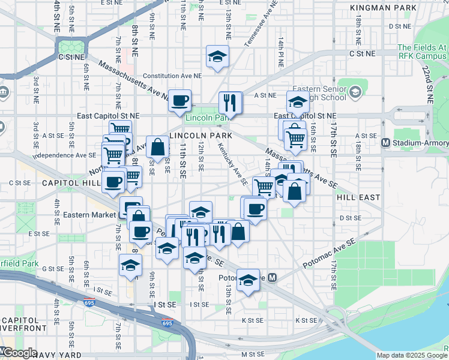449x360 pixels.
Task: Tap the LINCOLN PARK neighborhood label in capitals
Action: point(200,136)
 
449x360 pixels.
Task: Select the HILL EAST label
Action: point(358,197)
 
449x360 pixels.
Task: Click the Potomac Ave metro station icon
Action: point(273,278)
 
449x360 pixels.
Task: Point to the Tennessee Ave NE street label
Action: point(261,23)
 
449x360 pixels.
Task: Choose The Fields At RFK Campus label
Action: point(422,52)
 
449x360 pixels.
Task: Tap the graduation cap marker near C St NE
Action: point(217,57)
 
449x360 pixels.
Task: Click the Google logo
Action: point(19,353)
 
